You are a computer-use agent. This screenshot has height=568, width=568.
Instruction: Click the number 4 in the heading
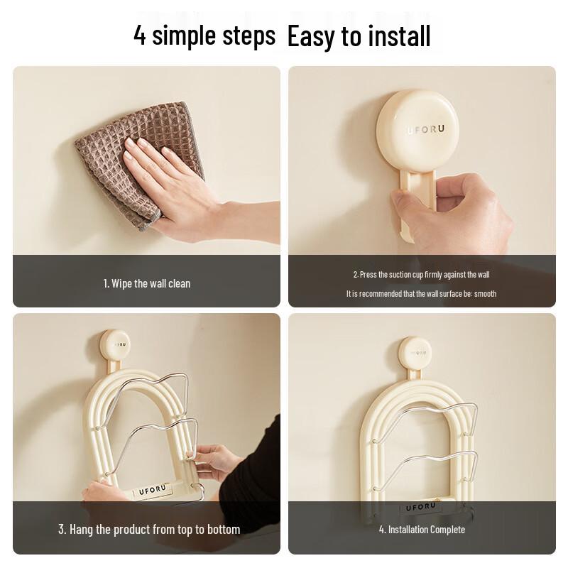pyautogui.click(x=140, y=35)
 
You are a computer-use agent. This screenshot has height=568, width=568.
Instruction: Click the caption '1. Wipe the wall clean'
pyautogui.click(x=147, y=283)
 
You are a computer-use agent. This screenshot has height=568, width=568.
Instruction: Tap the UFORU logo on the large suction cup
pyautogui.click(x=425, y=130)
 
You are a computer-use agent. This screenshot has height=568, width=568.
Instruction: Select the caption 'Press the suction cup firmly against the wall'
pyautogui.click(x=421, y=274)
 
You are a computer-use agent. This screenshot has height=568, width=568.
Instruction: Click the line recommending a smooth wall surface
pyautogui.click(x=421, y=293)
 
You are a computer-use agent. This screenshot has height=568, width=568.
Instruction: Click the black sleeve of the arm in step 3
pyautogui.click(x=263, y=454)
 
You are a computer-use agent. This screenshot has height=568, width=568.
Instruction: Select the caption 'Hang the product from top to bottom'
pyautogui.click(x=149, y=530)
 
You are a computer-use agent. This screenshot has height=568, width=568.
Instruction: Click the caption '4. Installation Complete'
pyautogui.click(x=422, y=530)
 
